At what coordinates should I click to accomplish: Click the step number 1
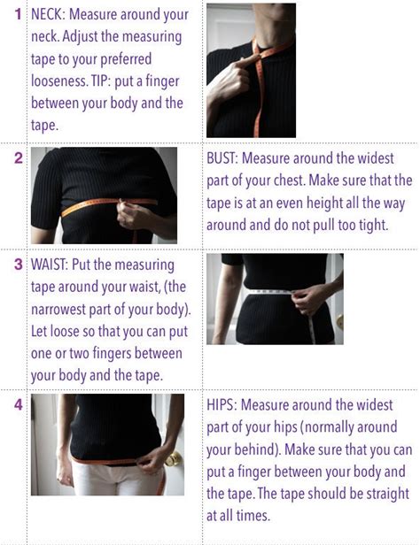(18, 14)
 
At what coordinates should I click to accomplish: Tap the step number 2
(18, 158)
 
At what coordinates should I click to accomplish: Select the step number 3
(18, 265)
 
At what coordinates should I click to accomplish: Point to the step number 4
(18, 404)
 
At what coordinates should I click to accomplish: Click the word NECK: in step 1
(48, 14)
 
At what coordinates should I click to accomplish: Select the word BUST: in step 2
(222, 158)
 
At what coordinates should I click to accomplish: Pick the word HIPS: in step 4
(222, 405)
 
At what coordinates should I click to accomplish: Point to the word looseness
(59, 81)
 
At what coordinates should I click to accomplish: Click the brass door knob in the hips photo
(173, 459)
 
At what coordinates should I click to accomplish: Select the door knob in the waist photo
(340, 321)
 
